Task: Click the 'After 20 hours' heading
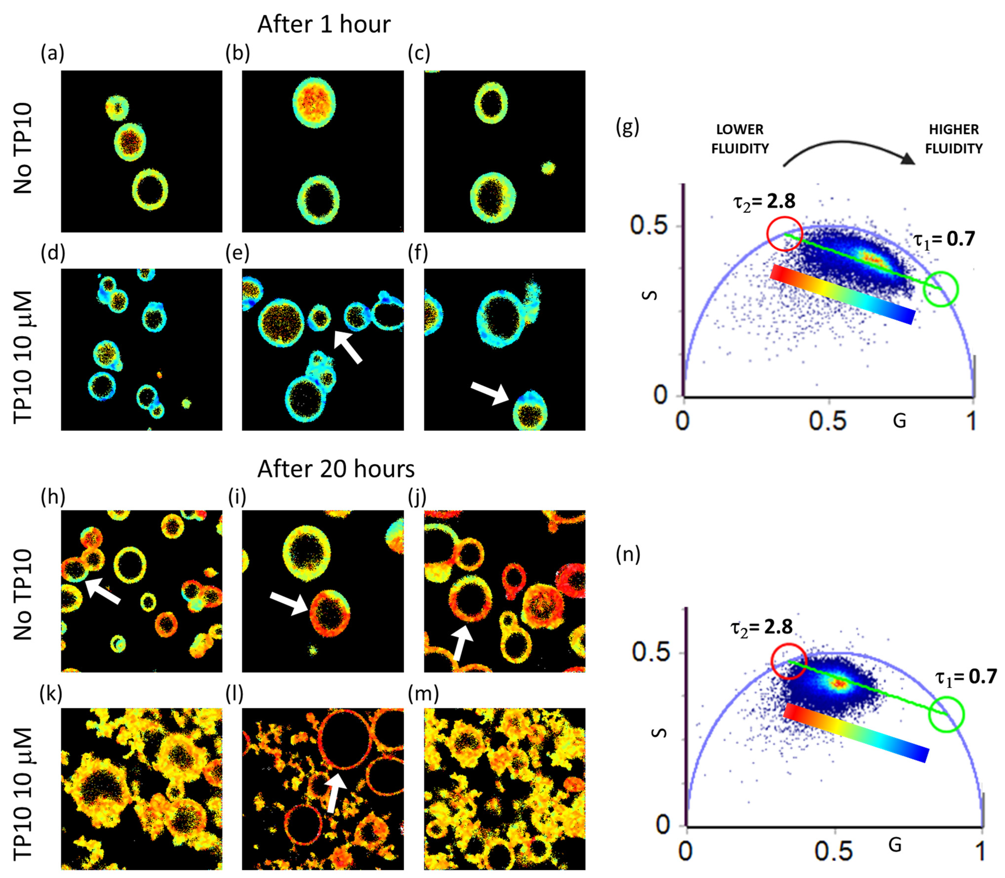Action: (336, 469)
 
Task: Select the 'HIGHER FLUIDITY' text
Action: (954, 139)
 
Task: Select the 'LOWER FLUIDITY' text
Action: (740, 139)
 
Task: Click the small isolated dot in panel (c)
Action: (548, 168)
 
